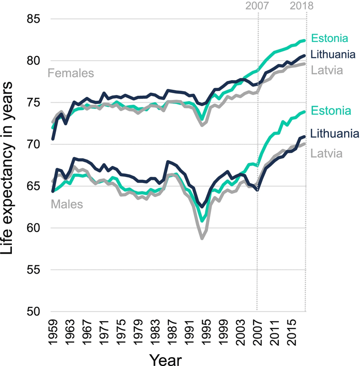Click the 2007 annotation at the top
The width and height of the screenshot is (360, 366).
(x=257, y=6)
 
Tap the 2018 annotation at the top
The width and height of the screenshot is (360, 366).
(x=302, y=6)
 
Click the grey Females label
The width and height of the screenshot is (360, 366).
(x=71, y=73)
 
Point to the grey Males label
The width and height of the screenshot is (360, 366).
(x=67, y=204)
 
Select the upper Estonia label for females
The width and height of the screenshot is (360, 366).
(x=330, y=38)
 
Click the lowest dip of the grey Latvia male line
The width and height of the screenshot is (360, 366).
(x=202, y=239)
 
